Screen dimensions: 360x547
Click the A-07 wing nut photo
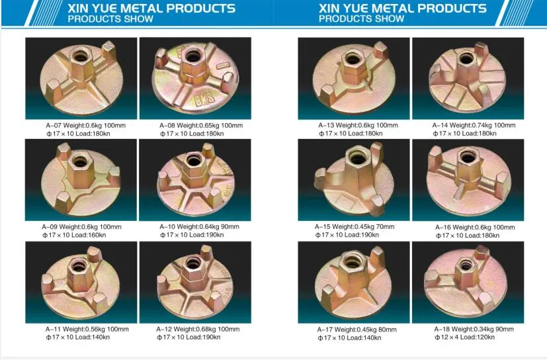click(81, 78)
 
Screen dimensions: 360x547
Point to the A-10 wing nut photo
click(195, 179)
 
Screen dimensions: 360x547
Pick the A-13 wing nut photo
click(353, 78)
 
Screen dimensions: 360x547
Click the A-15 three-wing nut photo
click(353, 179)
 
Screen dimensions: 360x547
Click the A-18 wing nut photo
click(468, 281)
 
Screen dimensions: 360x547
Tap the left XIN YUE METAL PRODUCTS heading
click(151, 9)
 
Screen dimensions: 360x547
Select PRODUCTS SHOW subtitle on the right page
click(361, 19)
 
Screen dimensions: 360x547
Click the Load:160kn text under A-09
click(93, 235)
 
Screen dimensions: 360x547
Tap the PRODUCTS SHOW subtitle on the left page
click(110, 19)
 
